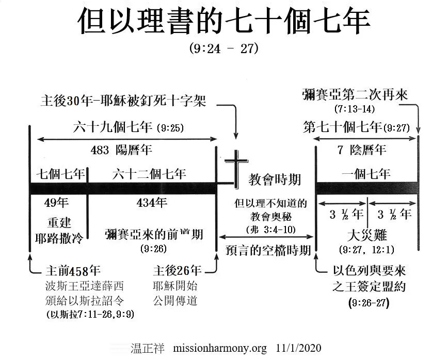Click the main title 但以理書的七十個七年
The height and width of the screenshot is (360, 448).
(223, 22)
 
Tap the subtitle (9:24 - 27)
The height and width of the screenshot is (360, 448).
(223, 50)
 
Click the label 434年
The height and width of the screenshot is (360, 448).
(152, 202)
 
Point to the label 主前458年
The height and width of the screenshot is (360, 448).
(73, 271)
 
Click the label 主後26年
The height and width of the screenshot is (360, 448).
(177, 271)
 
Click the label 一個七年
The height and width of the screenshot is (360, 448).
(366, 173)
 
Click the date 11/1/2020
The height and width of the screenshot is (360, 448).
(296, 348)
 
